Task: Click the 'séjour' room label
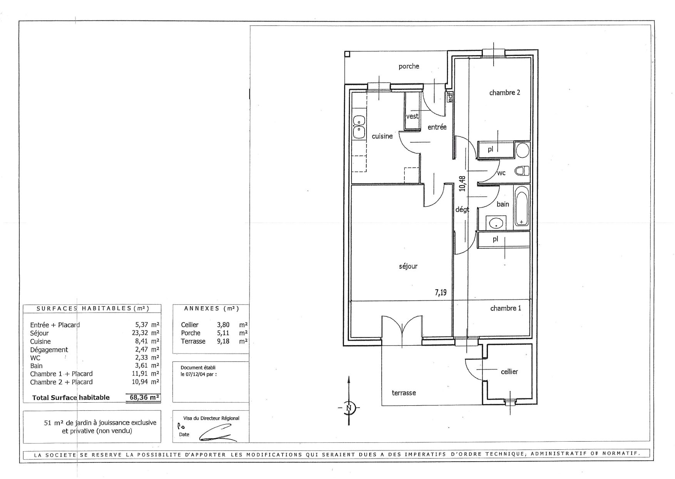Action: coord(408,266)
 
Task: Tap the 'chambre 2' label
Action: coord(504,93)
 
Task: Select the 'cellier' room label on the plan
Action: coord(509,371)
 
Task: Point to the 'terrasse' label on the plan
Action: coord(404,393)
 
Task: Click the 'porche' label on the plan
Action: coord(409,66)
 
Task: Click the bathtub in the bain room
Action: coord(522,206)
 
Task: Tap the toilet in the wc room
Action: coord(523,170)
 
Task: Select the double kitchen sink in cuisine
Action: coord(89,127)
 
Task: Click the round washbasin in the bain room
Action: coord(496,222)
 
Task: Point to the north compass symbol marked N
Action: coord(349,407)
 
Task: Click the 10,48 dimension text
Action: coord(462,184)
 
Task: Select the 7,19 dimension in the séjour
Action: coord(441,293)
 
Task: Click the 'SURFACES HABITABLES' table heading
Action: coord(92,309)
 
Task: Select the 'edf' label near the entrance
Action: coord(450,97)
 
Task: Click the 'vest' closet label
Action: coord(412,116)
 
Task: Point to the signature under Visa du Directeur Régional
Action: coord(218,433)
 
